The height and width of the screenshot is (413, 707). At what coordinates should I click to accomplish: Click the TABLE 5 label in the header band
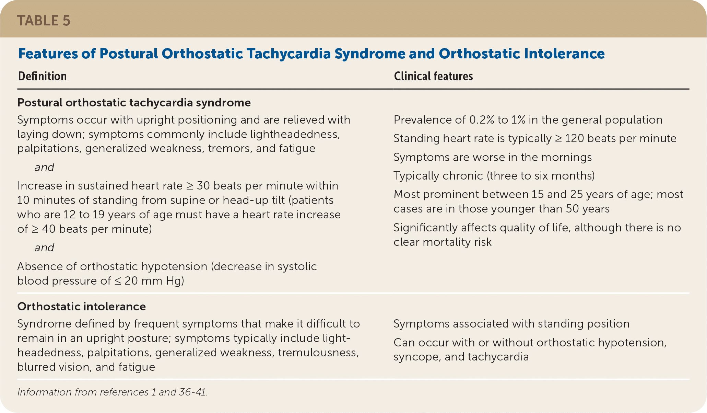tap(44, 21)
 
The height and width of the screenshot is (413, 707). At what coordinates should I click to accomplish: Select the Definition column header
tap(42, 76)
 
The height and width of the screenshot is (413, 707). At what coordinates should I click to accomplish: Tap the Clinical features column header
tap(433, 76)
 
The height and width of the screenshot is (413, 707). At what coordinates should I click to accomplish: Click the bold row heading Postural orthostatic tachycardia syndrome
tap(134, 103)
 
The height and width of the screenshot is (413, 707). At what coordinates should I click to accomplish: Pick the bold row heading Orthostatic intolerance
tap(82, 306)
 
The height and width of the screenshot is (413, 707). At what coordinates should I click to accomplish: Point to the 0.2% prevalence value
tap(482, 120)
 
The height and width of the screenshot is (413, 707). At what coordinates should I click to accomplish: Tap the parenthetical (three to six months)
tap(541, 176)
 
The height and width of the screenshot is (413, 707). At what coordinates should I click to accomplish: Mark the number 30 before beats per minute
tap(203, 186)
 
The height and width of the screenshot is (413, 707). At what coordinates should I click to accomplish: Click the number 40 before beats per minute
tap(49, 229)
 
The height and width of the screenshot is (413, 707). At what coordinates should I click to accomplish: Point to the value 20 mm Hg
tap(153, 281)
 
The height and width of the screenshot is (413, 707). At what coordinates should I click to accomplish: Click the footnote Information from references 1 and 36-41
tap(113, 392)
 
